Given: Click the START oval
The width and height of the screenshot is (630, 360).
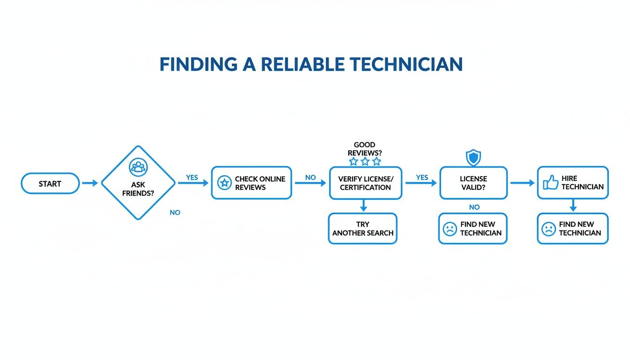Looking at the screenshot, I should coord(50,183).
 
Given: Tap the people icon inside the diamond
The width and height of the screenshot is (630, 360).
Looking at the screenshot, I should coord(138,166).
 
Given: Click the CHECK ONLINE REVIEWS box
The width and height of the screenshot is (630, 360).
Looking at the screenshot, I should coord(251,183).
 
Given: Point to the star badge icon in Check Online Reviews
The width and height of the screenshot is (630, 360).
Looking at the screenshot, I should coord(225,183).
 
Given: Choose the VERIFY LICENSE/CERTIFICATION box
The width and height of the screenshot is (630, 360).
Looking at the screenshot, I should coord(365,183).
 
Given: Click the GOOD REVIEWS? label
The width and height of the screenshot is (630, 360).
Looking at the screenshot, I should coord(364,149).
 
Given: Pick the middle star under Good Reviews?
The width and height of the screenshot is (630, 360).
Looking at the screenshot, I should coord(365,161).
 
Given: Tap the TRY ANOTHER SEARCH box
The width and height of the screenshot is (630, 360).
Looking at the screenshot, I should coord(362,229).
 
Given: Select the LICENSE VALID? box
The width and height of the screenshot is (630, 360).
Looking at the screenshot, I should coord(473,183).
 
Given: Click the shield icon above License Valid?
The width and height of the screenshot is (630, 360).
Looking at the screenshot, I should coord(473,158).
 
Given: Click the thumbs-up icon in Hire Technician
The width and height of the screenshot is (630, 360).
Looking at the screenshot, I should coord(550,182).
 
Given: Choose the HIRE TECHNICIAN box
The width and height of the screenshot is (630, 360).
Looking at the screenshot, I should coord(572,183).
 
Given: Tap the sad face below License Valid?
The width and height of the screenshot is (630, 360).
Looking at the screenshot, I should coord(450,229).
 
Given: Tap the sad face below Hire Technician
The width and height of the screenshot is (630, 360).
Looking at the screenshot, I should coord(548,229).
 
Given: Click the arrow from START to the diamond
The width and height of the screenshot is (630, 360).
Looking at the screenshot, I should coord(90,183).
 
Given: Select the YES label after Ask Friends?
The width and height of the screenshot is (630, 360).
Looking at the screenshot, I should coord(192,178).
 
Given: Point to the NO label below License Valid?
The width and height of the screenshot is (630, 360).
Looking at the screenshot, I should coord(474,207).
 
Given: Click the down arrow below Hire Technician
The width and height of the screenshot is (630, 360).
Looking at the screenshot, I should coord(573,206).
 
